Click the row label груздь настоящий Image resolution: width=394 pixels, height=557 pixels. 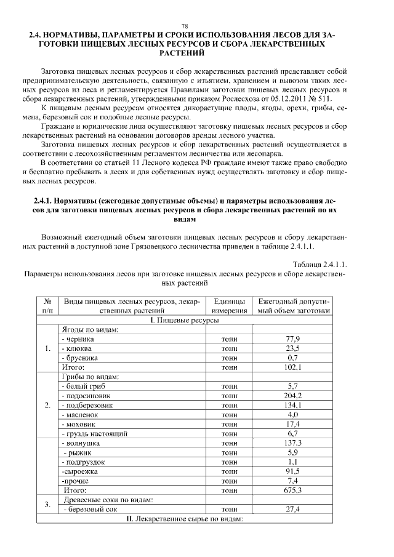(94, 433)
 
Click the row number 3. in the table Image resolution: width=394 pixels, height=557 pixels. (47, 505)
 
